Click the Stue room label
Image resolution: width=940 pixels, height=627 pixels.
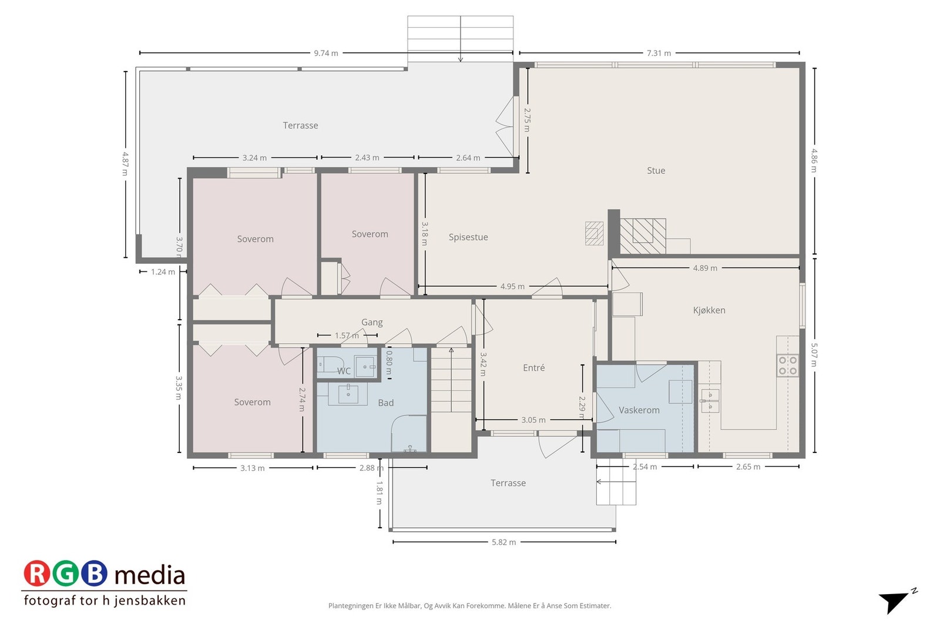coord(656,170)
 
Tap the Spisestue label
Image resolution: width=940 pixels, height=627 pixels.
coord(468,237)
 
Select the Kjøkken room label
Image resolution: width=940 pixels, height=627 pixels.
coord(709,310)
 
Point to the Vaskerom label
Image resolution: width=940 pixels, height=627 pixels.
coord(639,410)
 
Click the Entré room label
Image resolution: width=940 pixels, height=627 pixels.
coord(534,368)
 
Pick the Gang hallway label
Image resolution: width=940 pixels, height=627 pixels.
coord(372,322)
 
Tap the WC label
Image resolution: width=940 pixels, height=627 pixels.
coord(344,371)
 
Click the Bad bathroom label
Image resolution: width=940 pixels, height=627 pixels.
coord(385,403)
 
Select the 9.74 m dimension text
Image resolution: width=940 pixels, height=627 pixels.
coord(326,53)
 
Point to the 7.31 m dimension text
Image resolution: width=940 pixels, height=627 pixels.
coord(659,53)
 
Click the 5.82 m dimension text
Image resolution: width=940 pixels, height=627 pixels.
coord(504,542)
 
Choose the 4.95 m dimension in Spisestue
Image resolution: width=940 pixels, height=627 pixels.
coord(512,287)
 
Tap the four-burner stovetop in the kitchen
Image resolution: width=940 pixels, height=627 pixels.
coord(788,366)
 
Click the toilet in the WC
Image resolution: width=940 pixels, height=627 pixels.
coord(330,364)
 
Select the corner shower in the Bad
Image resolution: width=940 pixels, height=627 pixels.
coord(409,434)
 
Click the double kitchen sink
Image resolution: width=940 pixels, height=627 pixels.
coord(710,400)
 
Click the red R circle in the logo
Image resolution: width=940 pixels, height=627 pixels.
coord(36,574)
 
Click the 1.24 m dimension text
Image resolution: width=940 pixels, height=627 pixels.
coord(163,272)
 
